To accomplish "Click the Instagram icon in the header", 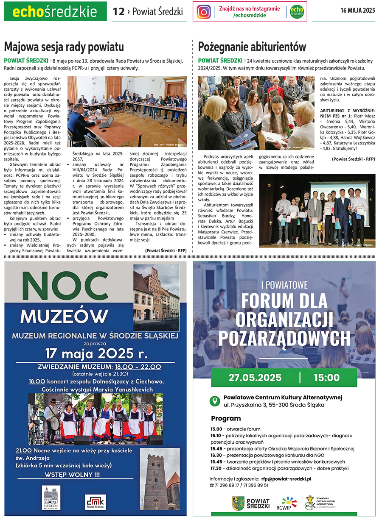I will pos(204,11).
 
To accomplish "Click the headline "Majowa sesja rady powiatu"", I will pos(64,47).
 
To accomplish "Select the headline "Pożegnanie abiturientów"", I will pos(252,47).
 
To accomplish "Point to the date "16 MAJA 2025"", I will pos(357,11).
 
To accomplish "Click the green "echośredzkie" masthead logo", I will pos(55,11).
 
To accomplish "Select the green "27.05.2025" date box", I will pos(255,378).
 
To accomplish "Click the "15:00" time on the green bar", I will pos(326,378).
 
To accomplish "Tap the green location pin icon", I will pos(216,400).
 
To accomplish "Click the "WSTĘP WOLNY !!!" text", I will pos(72,475).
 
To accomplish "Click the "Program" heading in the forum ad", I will pos(226,418).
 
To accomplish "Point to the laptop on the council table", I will pos(106,122).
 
